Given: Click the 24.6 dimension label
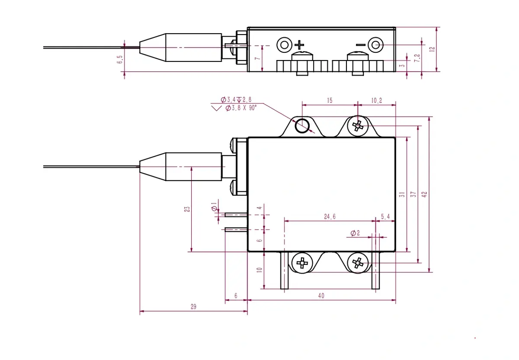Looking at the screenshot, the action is point(330,217).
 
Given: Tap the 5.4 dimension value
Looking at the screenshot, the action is point(385,217).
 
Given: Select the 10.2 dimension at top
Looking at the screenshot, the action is point(377,100).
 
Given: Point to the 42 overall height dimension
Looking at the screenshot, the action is point(424,194).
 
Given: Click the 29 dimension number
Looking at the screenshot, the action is point(193,307).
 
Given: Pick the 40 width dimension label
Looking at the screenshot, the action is point(321,296).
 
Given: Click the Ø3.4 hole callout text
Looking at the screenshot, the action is point(228,100).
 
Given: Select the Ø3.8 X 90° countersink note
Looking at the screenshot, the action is point(241,108).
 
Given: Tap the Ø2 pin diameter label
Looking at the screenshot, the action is point(355,233).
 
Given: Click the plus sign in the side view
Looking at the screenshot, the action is point(299,45).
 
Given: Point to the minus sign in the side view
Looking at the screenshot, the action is point(360,45).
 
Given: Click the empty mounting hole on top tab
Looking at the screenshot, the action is point(302,126).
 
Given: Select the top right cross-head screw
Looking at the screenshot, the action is point(358,126).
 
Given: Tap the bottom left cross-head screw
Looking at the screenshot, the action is point(302,263).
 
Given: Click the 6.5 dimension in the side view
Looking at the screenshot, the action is point(120,60).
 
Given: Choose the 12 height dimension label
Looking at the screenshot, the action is point(432,49).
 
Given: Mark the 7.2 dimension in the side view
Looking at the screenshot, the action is point(417,57).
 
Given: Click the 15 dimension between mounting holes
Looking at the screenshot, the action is point(330,100).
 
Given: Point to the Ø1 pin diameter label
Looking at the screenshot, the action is point(214,207).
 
